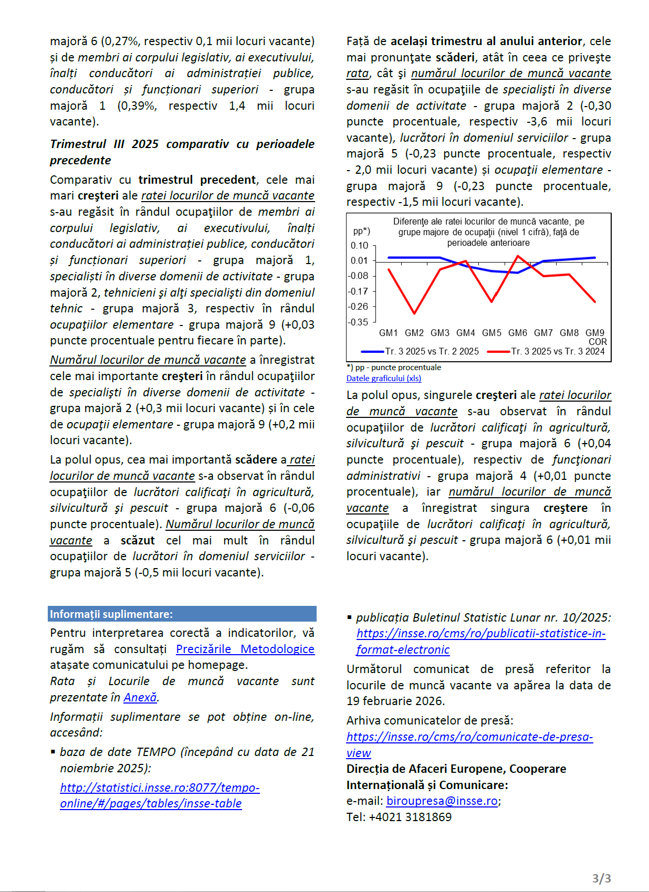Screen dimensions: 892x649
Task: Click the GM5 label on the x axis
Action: (x=491, y=333)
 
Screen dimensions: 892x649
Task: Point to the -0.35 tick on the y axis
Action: (x=359, y=322)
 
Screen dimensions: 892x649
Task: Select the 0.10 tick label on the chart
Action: (x=360, y=245)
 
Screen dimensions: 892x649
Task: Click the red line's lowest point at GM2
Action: (x=414, y=313)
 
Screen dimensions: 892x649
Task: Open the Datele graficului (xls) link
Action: (x=384, y=378)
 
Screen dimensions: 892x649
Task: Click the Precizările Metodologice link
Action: (x=245, y=649)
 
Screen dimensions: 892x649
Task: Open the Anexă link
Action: (x=140, y=697)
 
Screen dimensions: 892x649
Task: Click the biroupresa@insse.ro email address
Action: (x=442, y=801)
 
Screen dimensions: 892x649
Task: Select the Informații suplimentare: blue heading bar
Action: (x=182, y=614)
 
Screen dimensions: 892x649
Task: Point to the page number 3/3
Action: (x=601, y=878)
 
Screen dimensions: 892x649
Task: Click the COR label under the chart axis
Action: (x=598, y=342)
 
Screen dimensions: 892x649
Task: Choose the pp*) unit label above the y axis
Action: (x=361, y=231)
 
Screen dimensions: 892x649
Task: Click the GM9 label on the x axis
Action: (x=595, y=333)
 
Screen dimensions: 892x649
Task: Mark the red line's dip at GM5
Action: (x=491, y=301)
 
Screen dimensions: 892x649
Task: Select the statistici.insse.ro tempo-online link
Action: (x=160, y=795)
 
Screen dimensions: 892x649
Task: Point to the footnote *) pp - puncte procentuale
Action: (x=394, y=368)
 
